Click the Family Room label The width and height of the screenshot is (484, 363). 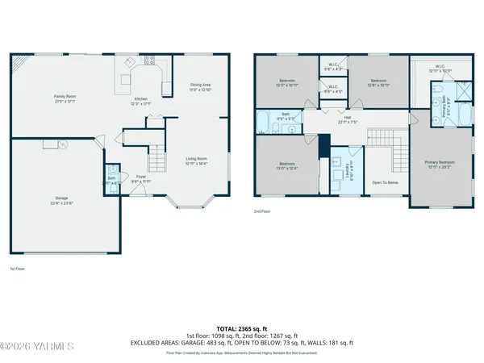tap(65, 96)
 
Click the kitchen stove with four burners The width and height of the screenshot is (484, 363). tap(149, 60)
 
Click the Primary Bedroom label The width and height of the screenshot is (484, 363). tap(441, 162)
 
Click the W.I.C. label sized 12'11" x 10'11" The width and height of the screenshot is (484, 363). tap(440, 69)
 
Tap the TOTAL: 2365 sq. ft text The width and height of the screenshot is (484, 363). tap(241, 329)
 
